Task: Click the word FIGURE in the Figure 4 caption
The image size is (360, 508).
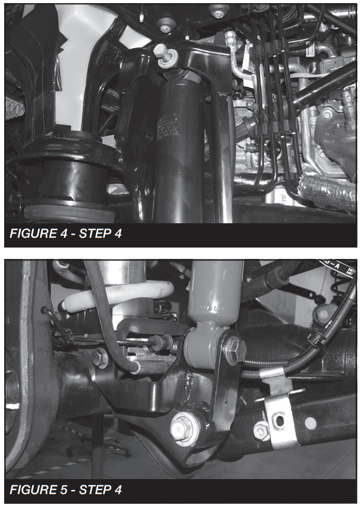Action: pos(31,234)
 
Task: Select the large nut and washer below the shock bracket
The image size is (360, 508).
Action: pos(182,426)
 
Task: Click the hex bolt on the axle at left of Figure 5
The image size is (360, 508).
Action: pos(99,357)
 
